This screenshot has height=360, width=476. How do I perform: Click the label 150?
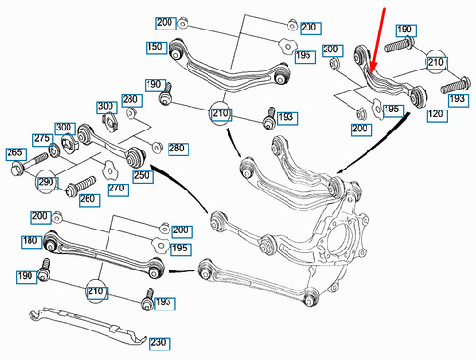click(154, 46)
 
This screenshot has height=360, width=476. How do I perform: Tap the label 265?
click(16, 152)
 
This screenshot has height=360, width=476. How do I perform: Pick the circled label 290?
click(47, 182)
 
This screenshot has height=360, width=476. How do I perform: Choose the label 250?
click(143, 177)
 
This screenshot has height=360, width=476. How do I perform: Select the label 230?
click(158, 339)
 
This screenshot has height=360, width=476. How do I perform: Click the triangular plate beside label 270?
click(109, 171)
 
